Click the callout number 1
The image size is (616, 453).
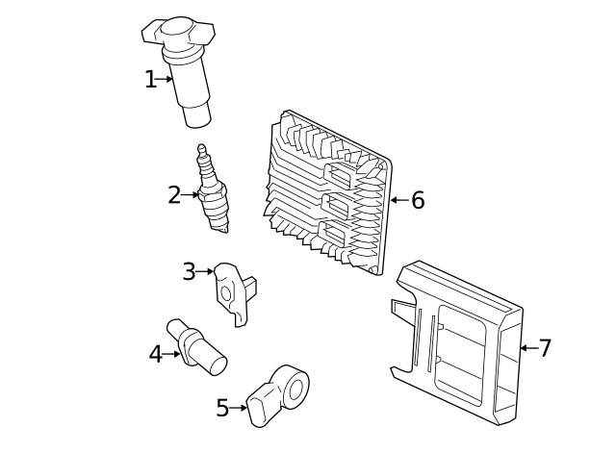click(x=150, y=80)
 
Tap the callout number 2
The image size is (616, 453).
click(x=173, y=195)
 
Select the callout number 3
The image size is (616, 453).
click(x=189, y=272)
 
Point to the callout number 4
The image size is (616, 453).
click(x=156, y=354)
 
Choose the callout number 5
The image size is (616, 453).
click(x=222, y=409)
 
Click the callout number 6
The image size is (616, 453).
click(x=418, y=200)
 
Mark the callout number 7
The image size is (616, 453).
click(x=545, y=348)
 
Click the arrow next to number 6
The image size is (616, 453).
click(x=398, y=200)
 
